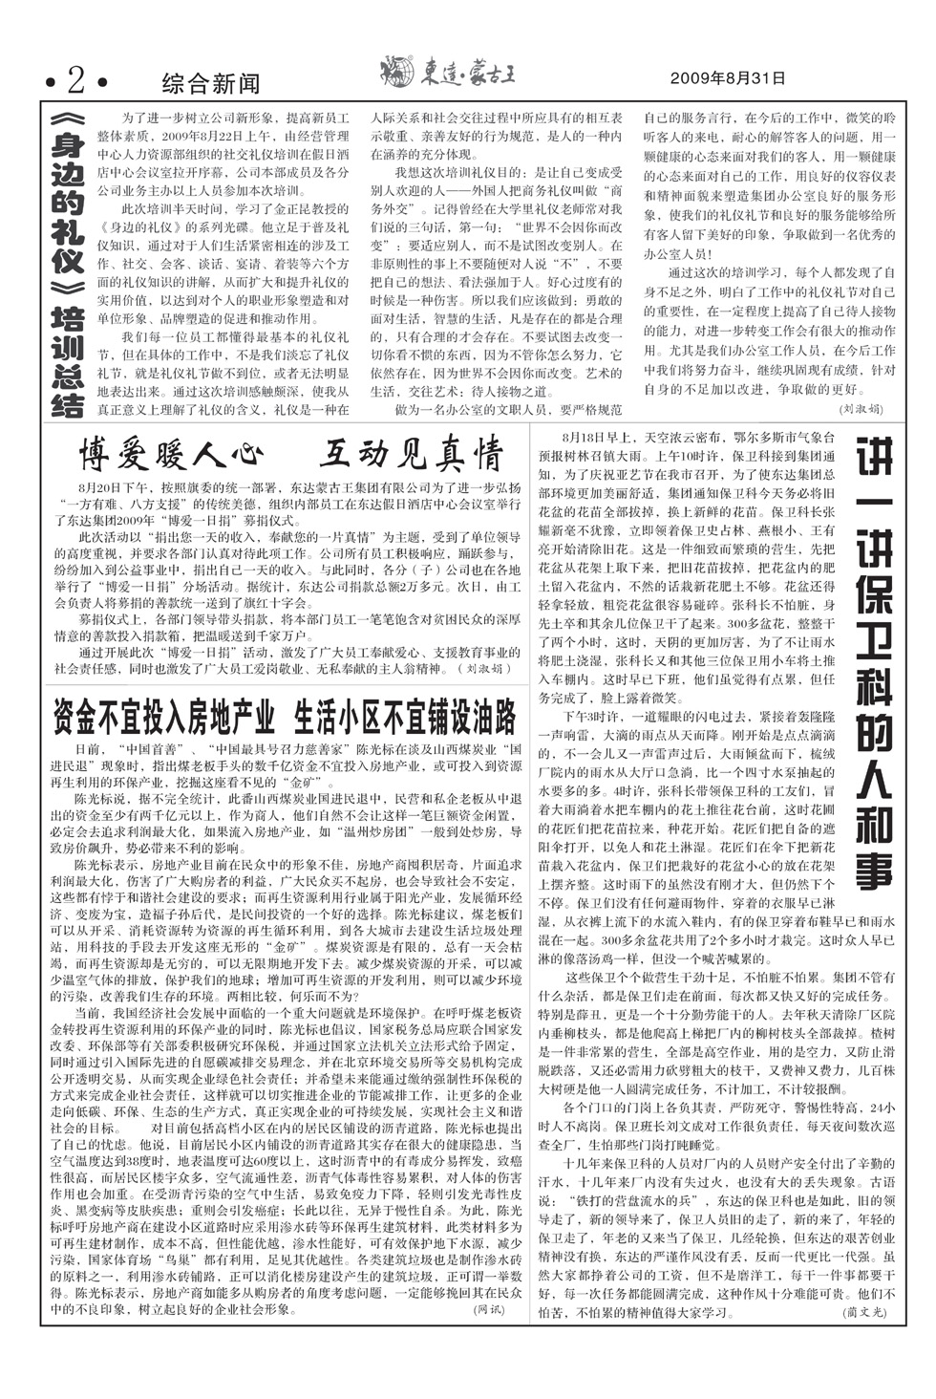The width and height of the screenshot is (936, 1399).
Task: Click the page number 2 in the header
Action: pos(75,83)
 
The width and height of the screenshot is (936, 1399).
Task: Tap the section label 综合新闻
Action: pos(210,84)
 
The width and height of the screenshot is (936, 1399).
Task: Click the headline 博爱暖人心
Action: pos(170,453)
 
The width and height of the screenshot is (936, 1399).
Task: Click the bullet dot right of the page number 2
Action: pos(103,84)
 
